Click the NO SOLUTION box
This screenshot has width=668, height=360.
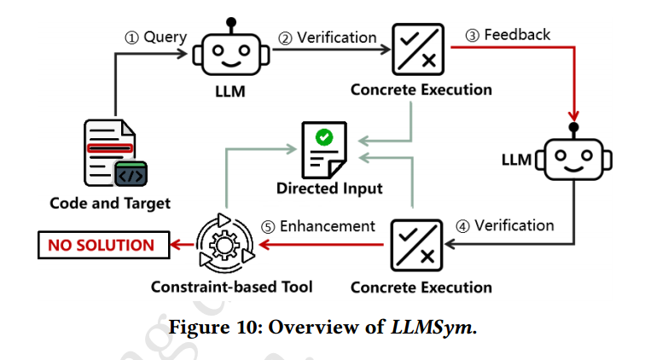tap(102, 246)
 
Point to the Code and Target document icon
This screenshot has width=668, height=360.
tap(112, 154)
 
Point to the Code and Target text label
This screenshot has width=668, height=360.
tap(110, 203)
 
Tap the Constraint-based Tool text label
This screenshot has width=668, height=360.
tap(231, 287)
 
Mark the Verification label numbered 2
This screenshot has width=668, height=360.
tap(328, 38)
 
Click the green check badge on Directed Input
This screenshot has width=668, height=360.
tap(324, 136)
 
